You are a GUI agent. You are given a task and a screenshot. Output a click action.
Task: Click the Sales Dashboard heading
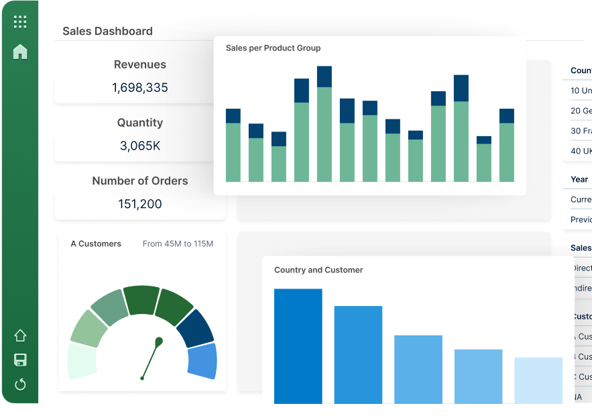107,31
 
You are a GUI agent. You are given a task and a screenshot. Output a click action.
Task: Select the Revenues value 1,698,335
140,88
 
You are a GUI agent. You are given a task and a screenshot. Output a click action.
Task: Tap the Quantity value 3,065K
140,146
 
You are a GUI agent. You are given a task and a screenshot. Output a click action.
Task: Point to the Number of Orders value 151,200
140,204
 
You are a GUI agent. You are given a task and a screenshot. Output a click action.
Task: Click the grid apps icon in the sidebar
20,21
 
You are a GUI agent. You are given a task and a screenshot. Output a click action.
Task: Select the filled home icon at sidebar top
20,52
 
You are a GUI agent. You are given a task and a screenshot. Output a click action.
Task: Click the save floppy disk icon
20,360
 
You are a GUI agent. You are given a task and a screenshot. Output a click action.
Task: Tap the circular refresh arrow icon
20,384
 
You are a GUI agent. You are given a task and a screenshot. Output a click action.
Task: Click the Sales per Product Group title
273,48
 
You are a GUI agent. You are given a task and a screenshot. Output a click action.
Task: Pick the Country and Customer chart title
318,270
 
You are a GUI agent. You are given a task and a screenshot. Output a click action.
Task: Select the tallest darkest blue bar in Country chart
298,346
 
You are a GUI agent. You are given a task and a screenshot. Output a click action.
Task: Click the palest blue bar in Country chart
538,380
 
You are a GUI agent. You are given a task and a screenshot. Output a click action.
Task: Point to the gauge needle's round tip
159,342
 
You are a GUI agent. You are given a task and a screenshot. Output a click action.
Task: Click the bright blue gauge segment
202,361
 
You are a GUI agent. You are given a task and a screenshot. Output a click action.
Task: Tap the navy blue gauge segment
194,328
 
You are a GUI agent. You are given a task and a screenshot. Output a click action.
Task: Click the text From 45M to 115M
178,244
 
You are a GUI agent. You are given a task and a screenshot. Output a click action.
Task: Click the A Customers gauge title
96,244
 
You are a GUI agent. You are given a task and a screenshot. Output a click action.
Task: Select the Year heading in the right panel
579,179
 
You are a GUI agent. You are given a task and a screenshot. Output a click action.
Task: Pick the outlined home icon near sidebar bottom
20,335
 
